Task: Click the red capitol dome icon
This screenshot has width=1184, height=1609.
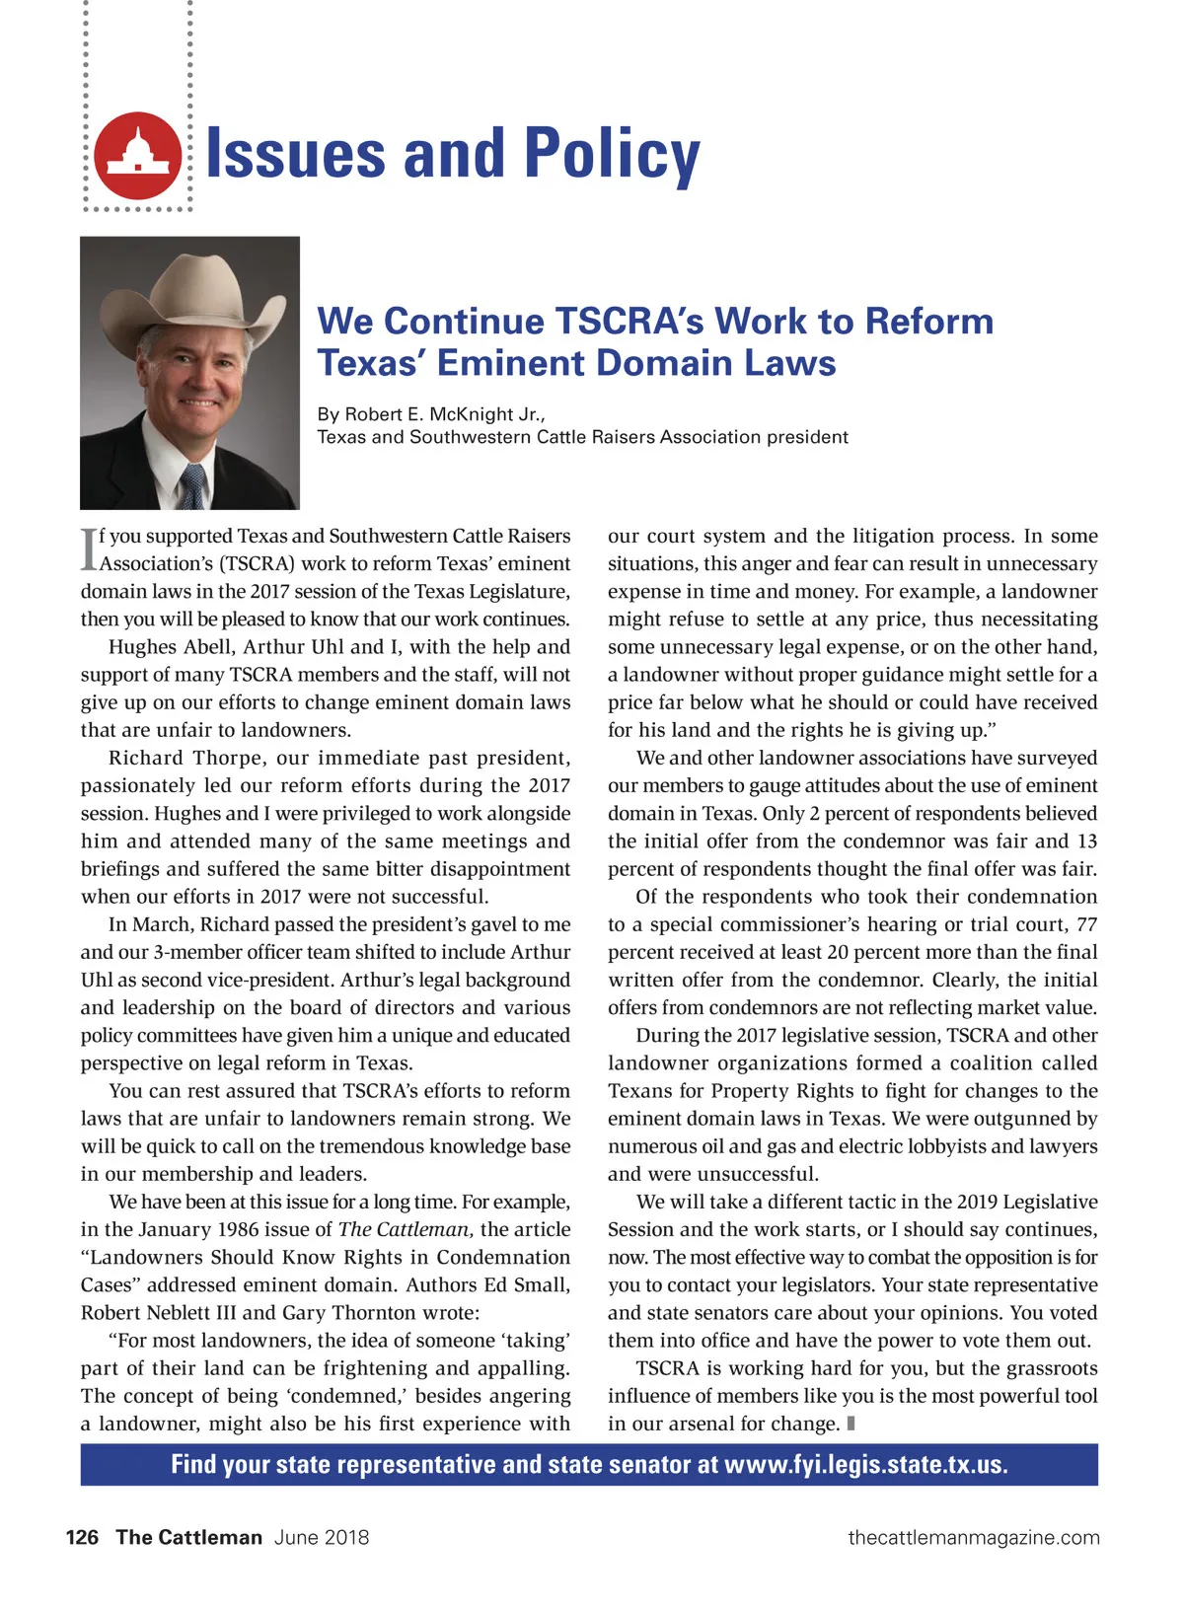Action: click(138, 156)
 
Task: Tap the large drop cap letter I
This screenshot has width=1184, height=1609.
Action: click(89, 549)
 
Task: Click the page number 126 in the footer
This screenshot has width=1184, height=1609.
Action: click(82, 1537)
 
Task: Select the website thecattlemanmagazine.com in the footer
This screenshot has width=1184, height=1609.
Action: click(974, 1537)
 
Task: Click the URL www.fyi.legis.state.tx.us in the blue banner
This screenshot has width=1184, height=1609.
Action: click(865, 1464)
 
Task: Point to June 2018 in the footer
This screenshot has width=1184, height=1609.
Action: click(322, 1537)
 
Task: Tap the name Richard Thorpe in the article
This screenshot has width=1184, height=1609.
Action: click(187, 758)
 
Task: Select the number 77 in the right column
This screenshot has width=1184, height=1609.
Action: click(1086, 924)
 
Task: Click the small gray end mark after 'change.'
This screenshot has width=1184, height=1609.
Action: click(851, 1424)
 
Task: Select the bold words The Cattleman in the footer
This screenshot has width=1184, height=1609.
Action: click(188, 1537)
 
